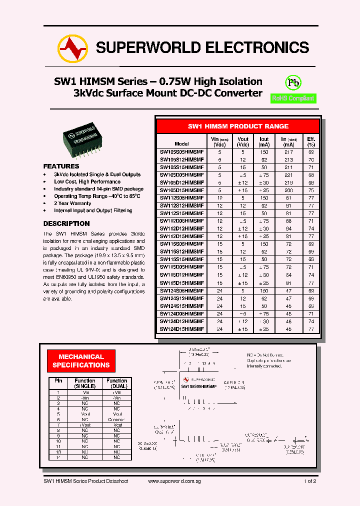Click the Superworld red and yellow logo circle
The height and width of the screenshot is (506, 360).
click(73, 48)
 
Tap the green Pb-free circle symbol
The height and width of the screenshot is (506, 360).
click(293, 83)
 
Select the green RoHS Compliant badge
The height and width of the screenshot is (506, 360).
click(293, 98)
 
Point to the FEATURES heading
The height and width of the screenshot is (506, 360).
click(61, 166)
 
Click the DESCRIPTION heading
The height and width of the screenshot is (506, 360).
click(66, 223)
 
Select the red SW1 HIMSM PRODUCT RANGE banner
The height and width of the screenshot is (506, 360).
click(237, 126)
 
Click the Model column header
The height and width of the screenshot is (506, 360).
click(181, 143)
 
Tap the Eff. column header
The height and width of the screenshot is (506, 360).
click(311, 141)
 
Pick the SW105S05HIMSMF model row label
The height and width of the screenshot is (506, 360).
click(181, 151)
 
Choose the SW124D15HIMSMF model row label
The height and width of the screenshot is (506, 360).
click(181, 329)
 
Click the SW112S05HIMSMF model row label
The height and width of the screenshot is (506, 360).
click(181, 198)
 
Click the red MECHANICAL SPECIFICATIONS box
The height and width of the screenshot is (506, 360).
click(81, 361)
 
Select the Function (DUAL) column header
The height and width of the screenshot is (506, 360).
click(117, 383)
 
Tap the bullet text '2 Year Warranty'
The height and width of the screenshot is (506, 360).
click(72, 203)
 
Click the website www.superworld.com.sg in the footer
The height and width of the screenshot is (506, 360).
click(174, 481)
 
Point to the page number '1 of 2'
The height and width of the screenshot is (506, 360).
click(309, 481)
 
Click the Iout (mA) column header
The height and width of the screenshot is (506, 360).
click(264, 141)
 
